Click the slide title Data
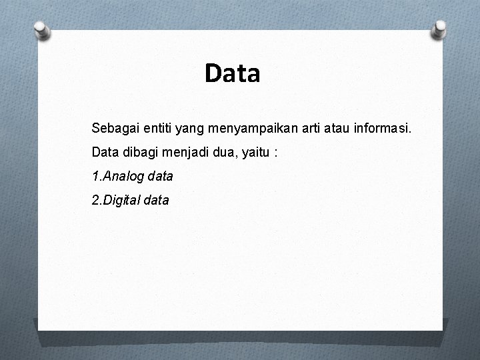click(x=233, y=73)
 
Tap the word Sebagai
click(x=113, y=127)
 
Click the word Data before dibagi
click(x=105, y=152)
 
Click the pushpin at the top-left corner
click(x=41, y=29)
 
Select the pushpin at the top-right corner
click(x=439, y=29)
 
